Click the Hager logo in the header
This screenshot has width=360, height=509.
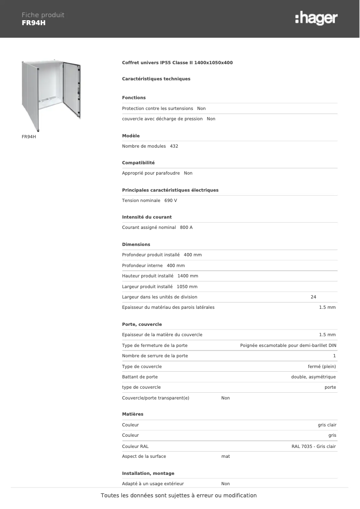tap(316, 18)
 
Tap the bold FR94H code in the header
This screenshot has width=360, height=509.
tap(34, 23)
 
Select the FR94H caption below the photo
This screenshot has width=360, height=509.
tap(29, 136)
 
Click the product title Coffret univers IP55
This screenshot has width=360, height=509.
tap(177, 63)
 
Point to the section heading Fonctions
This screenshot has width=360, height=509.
tap(134, 98)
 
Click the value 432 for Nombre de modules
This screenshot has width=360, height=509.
tap(174, 146)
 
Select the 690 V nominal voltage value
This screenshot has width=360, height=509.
tap(171, 201)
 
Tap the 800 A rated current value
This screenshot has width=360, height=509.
tap(186, 228)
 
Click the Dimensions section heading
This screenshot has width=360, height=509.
tap(136, 245)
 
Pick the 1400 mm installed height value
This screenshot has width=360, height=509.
tap(188, 276)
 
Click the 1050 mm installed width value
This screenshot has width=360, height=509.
tap(187, 287)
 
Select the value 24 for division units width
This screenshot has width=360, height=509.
tap(313, 297)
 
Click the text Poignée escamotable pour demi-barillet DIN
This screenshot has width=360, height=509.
tap(288, 346)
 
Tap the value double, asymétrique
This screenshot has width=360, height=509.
tap(313, 377)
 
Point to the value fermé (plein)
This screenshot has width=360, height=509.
tap(322, 367)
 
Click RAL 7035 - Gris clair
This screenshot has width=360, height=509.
tap(313, 447)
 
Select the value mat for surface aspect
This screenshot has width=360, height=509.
tap(226, 456)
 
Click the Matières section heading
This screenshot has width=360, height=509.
tap(133, 414)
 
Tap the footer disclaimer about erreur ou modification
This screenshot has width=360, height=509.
tap(179, 496)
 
